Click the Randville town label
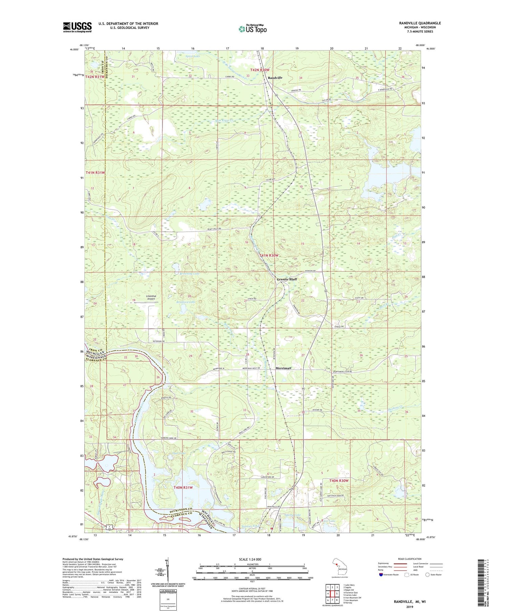275,78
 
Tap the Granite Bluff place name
287,279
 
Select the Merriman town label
283,368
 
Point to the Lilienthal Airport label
151,297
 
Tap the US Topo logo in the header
253,29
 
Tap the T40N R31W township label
183,488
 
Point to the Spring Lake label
293,515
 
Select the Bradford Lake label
186,302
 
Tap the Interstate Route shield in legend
381,575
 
